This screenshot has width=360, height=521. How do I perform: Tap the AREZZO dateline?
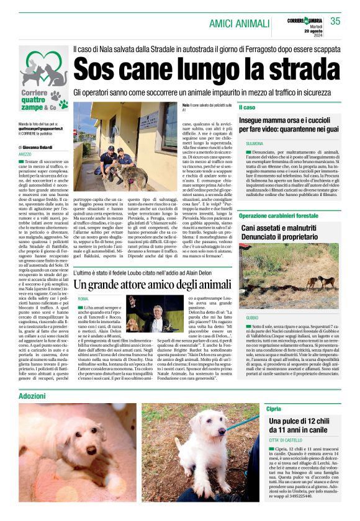25,154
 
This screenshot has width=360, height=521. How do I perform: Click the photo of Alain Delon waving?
148,314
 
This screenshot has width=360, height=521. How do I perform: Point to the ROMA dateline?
83,300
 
